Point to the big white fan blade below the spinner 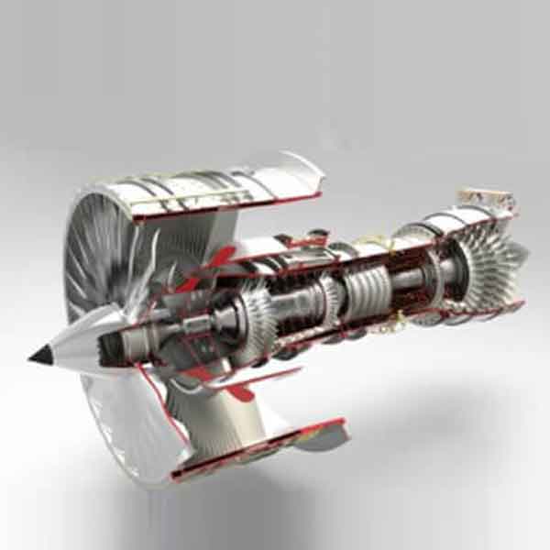pos(128,412)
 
